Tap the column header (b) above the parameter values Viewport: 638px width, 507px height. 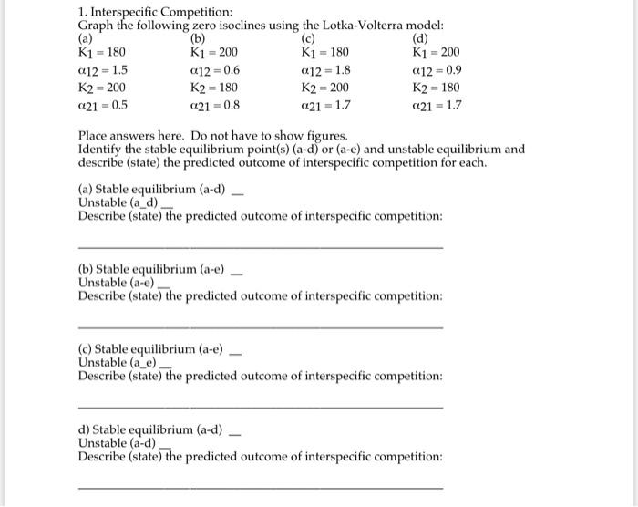[198, 39]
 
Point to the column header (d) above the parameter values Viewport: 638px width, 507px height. [420, 39]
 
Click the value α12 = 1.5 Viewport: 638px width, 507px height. [103, 70]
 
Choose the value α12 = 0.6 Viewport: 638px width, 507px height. [214, 70]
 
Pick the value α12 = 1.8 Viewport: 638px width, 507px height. [325, 70]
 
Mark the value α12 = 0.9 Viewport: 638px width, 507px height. [437, 70]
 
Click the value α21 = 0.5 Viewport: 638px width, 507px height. [103, 105]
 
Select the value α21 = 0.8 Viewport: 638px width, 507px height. [214, 105]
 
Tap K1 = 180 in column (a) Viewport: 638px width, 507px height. [102, 53]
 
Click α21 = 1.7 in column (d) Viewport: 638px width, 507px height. [437, 105]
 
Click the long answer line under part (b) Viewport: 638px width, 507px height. [261, 326]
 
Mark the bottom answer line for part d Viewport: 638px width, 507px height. [261, 487]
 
